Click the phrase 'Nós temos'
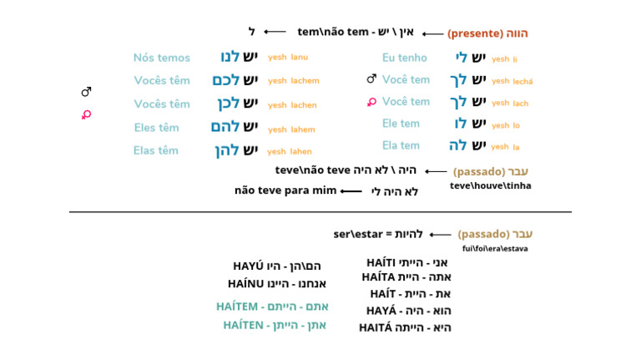click(161, 58)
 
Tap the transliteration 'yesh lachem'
click(294, 80)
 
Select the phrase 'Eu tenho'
click(404, 58)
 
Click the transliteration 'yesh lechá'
click(512, 81)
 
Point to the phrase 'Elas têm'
click(156, 150)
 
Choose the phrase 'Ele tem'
click(401, 124)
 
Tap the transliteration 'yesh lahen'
click(290, 151)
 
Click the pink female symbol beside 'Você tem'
click(371, 102)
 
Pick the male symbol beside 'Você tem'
click(371, 79)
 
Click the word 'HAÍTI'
click(381, 262)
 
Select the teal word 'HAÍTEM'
click(237, 307)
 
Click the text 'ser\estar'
click(358, 235)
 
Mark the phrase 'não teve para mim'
click(285, 190)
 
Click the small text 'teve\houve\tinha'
click(491, 185)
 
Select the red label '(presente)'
click(475, 33)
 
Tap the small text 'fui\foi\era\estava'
click(495, 249)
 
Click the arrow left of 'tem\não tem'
click(275, 32)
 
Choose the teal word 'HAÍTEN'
click(243, 325)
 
